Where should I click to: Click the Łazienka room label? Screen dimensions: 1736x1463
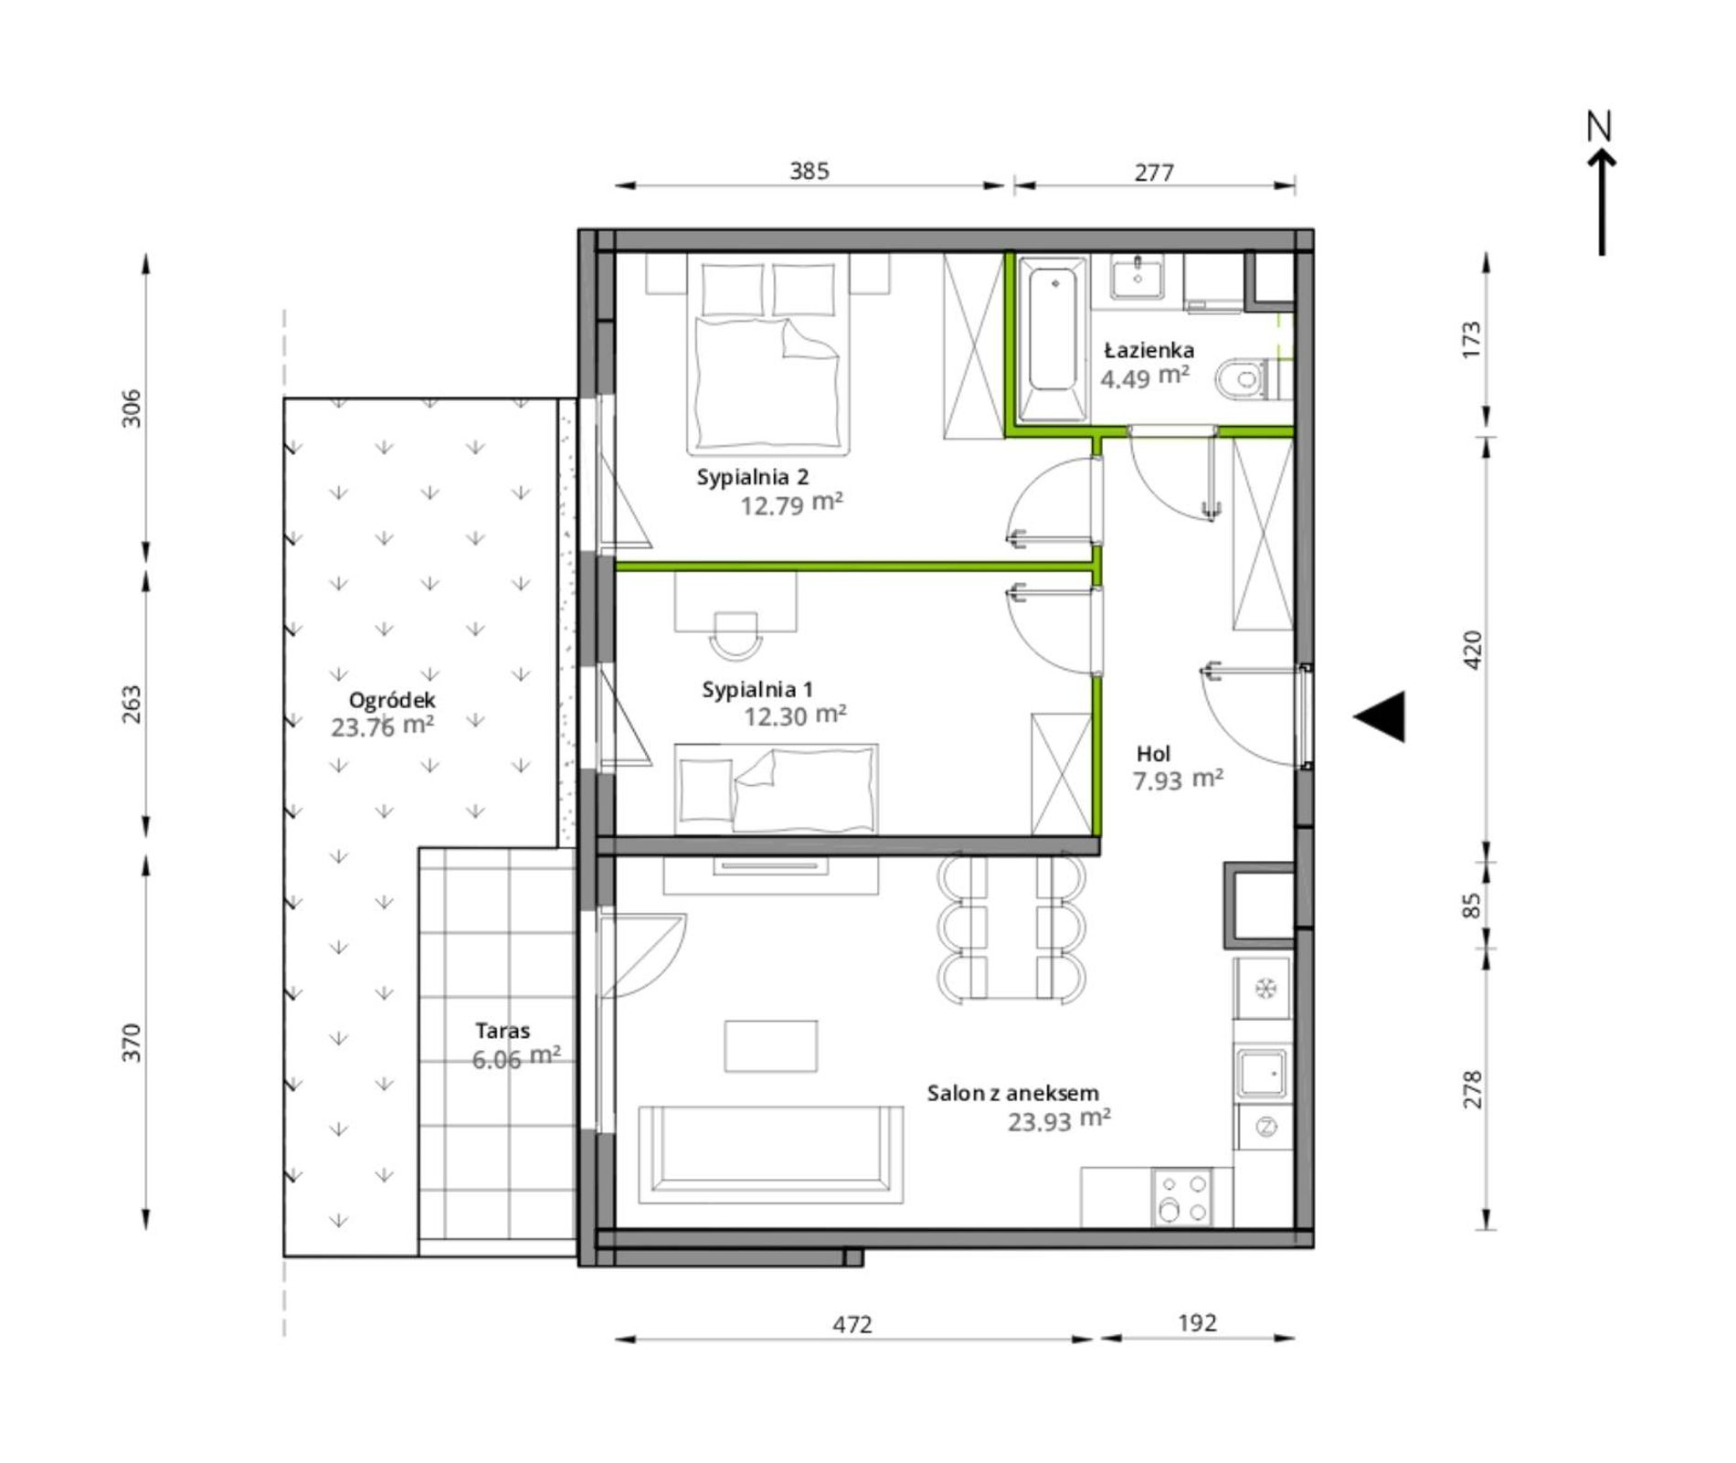click(x=1149, y=350)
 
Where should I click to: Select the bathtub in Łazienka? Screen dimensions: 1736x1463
click(x=1053, y=338)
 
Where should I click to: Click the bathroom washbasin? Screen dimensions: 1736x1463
click(x=1138, y=276)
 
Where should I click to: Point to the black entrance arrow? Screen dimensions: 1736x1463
click(x=1380, y=716)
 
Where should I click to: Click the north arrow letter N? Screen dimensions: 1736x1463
click(x=1599, y=127)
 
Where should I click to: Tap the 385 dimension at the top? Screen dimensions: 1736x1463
click(x=810, y=171)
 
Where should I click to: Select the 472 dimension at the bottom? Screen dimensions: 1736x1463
click(x=852, y=1324)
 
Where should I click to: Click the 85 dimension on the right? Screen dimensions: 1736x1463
click(x=1471, y=906)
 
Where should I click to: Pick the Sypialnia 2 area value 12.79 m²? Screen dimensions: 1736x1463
click(x=791, y=504)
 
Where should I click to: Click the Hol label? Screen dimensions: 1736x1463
click(x=1153, y=754)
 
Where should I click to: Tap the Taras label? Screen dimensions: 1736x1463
click(x=502, y=1031)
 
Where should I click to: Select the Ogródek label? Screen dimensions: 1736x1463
click(x=392, y=701)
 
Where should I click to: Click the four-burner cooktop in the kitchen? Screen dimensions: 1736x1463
click(x=1181, y=1198)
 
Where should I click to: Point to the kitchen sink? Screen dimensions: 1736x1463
click(x=1262, y=1073)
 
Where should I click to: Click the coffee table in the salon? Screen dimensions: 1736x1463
click(x=771, y=1045)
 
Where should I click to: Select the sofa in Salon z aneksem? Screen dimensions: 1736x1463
click(x=770, y=1154)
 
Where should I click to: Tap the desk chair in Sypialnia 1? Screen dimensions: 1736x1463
click(x=736, y=635)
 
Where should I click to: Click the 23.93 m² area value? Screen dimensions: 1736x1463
click(x=1059, y=1120)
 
